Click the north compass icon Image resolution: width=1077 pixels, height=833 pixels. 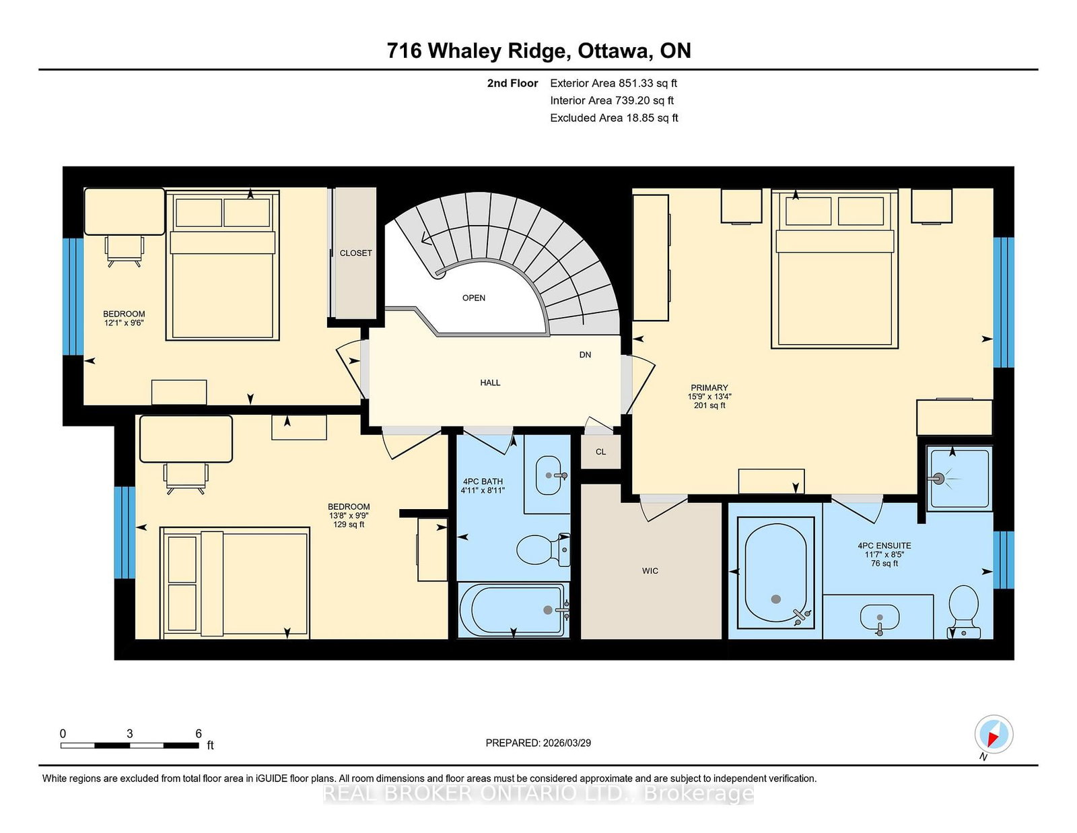[994, 734]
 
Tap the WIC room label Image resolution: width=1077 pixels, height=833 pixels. [650, 571]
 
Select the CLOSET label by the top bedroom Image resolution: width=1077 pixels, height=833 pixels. [355, 253]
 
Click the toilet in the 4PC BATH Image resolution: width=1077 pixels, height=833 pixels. [543, 549]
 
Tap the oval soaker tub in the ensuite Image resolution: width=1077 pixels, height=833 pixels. [775, 573]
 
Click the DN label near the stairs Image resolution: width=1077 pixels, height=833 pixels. [585, 355]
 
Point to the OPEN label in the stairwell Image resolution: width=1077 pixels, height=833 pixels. [473, 298]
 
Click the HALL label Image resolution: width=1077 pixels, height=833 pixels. [490, 382]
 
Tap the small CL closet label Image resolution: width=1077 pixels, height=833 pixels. [600, 452]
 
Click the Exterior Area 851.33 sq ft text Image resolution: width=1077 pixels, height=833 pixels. [613, 84]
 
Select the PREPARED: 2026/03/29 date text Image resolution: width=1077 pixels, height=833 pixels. [538, 743]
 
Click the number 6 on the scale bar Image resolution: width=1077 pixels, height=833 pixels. [199, 733]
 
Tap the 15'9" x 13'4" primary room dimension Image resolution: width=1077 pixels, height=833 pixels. [709, 397]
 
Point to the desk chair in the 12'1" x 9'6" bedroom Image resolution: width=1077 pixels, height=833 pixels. [125, 249]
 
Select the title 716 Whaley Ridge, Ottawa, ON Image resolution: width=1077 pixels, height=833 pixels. [538, 51]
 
